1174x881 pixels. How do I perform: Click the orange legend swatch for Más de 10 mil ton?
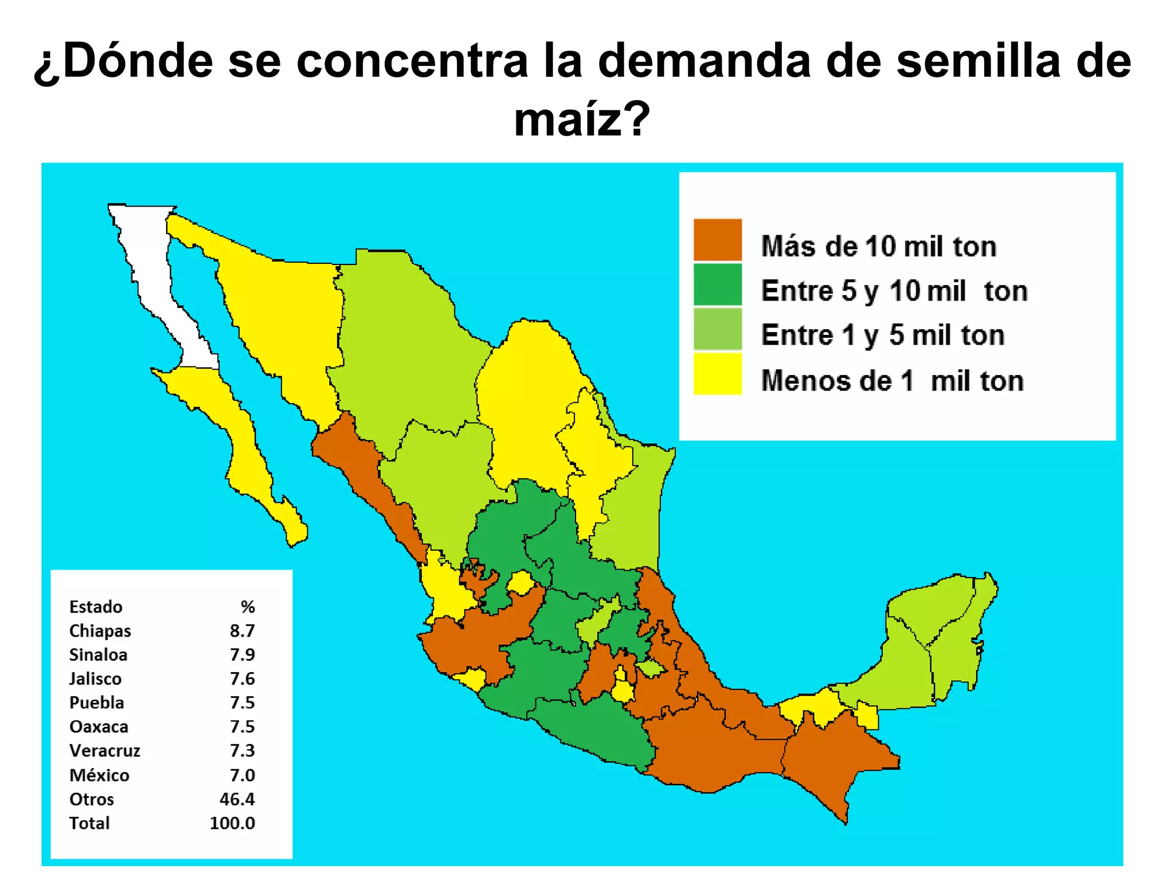717,240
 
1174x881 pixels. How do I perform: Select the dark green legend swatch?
717,284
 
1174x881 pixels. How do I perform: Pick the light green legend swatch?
717,329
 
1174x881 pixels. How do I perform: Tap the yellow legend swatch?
717,374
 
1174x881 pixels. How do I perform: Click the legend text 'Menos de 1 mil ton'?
892,381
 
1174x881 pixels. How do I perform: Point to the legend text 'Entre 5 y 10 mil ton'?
894,291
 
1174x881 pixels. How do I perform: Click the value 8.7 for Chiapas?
242,631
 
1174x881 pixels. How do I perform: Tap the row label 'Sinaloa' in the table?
98,655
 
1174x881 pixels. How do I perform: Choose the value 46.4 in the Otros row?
237,799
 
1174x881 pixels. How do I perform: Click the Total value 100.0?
232,823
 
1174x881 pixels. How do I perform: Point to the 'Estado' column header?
96,607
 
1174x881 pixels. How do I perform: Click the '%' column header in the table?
248,607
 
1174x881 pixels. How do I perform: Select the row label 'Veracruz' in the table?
104,751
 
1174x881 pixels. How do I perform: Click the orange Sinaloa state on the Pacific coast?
367,470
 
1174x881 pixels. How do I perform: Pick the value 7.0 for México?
242,775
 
